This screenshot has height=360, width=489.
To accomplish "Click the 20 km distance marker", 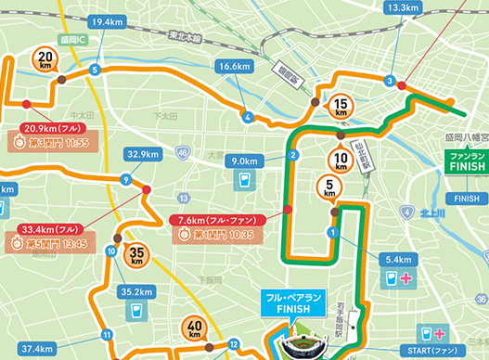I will tap(46, 61).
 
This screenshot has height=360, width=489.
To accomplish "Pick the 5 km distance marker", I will tap(332, 187).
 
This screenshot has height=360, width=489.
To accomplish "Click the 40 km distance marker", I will tap(195, 328).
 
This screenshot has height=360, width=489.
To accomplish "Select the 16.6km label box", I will tap(233, 67).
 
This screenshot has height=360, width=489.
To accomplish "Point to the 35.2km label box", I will tap(136, 291).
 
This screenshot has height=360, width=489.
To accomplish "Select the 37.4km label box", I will tap(35, 349).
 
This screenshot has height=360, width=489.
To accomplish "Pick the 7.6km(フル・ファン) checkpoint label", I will tap(219, 220).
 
